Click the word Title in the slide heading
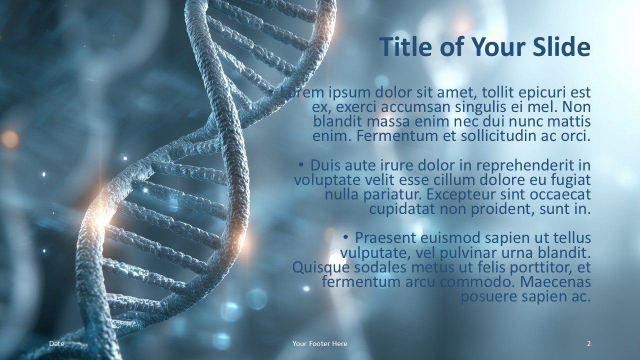[406, 47]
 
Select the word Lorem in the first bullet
[303, 92]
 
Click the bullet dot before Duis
[301, 165]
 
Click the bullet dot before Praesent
[346, 237]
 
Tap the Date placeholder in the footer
[56, 343]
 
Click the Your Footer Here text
[319, 343]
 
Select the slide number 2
[588, 343]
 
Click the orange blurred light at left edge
[9, 139]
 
